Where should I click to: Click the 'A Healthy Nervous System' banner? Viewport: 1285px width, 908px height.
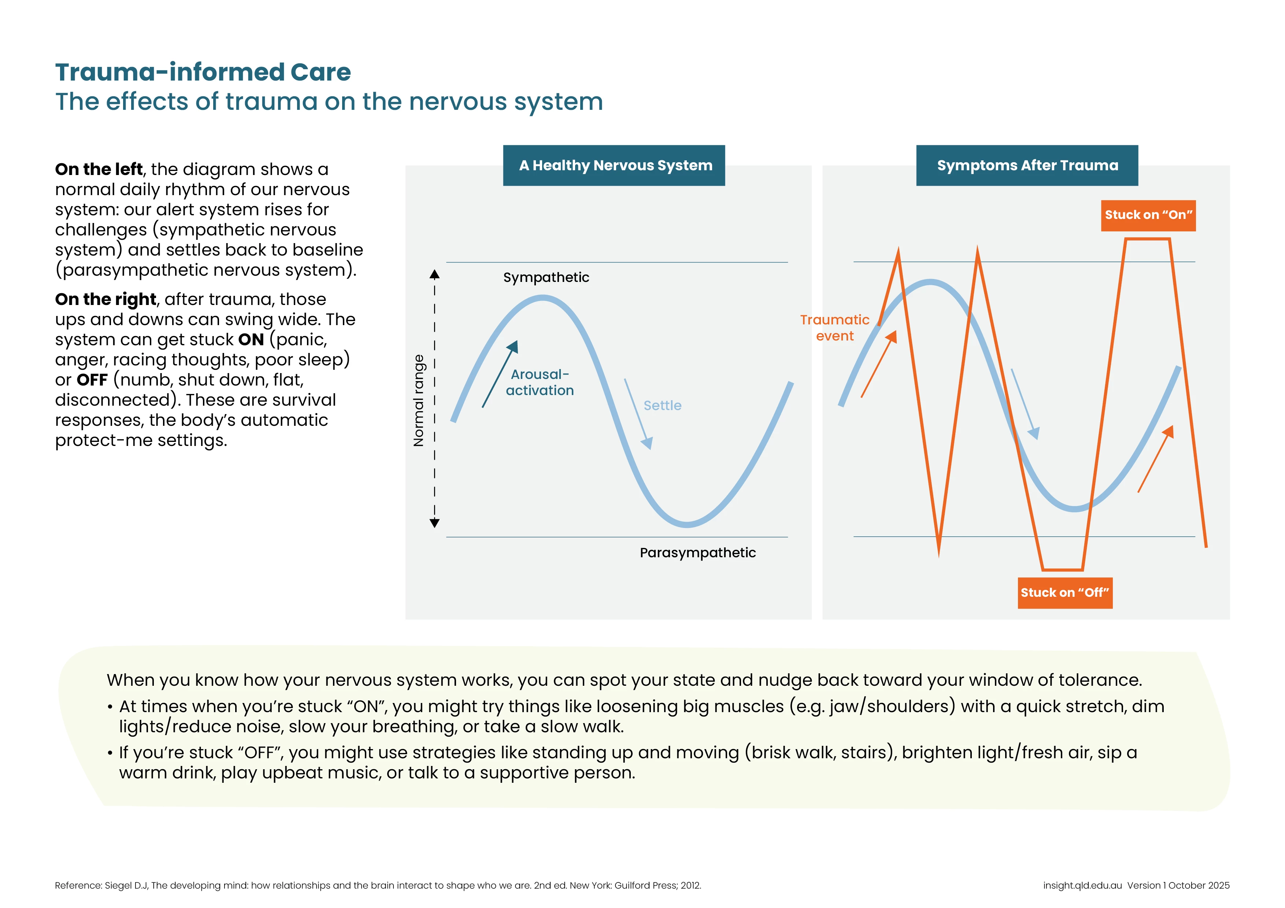614,165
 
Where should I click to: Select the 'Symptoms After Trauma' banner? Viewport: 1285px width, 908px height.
1027,165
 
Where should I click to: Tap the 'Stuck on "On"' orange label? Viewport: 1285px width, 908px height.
1148,215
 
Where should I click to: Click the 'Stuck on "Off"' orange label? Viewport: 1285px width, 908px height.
1064,592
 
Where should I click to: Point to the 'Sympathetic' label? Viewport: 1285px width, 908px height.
546,278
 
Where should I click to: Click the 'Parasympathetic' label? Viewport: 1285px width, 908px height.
697,553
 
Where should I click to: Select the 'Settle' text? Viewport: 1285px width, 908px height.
662,406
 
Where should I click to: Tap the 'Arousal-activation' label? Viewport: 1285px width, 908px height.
540,383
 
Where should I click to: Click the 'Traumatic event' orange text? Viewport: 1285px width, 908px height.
834,328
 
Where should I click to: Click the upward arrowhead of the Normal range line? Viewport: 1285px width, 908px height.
434,275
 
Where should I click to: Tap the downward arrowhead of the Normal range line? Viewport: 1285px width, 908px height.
434,523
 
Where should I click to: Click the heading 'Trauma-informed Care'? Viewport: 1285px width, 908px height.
203,72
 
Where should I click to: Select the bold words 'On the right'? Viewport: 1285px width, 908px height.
105,299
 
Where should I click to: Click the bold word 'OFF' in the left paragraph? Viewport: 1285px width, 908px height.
92,380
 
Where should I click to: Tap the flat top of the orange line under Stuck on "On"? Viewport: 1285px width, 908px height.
1147,239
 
